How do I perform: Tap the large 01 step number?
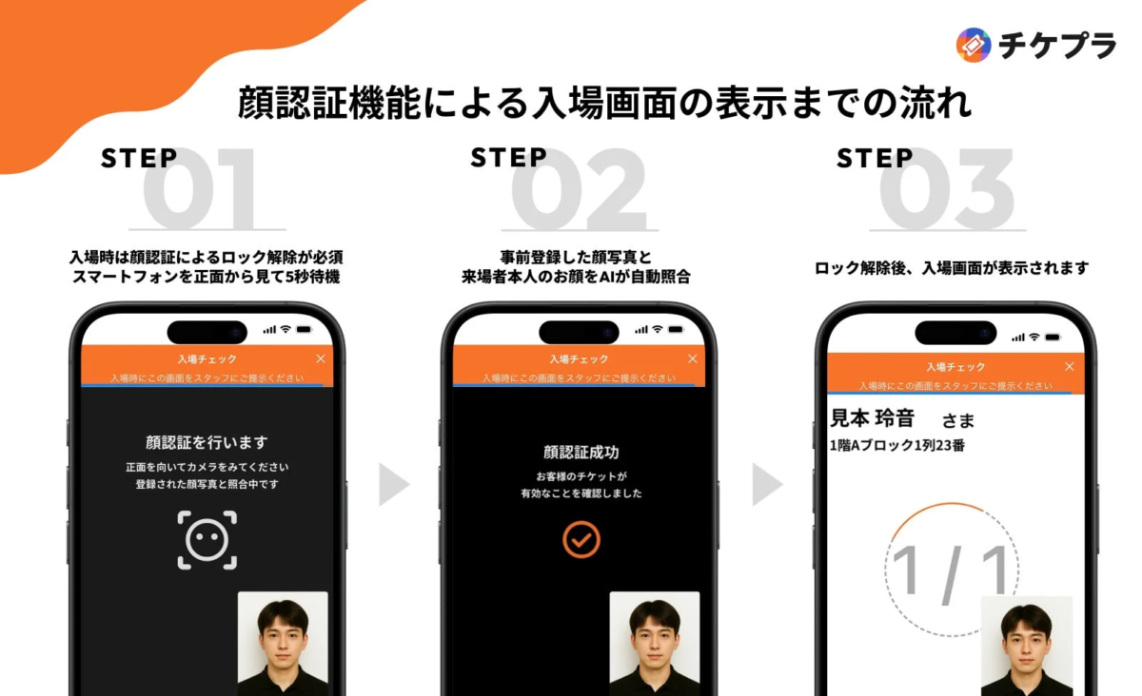click(x=200, y=190)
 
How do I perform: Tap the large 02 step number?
click(x=579, y=190)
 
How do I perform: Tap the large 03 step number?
click(x=947, y=190)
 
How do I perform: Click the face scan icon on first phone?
click(x=207, y=540)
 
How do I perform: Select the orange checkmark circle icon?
click(x=581, y=539)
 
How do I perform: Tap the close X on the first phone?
click(x=320, y=358)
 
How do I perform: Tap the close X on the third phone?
click(x=1069, y=366)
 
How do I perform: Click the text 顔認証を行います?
click(x=207, y=442)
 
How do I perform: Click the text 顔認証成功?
click(x=581, y=453)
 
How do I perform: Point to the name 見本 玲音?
click(x=873, y=418)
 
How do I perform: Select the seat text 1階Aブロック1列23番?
click(x=897, y=445)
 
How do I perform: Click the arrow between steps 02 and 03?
click(x=766, y=485)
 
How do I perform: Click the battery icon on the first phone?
click(x=304, y=329)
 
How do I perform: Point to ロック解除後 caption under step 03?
click(x=952, y=268)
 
